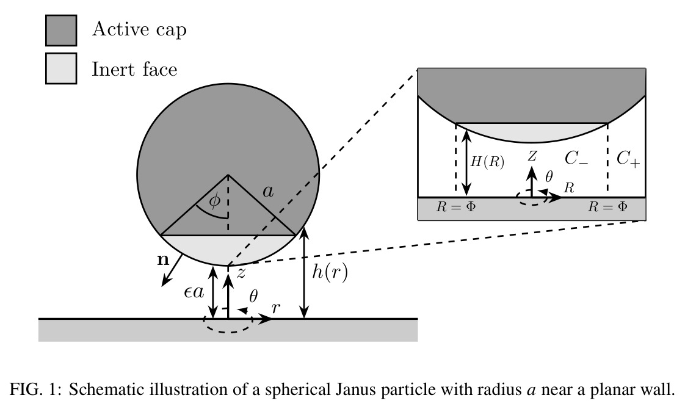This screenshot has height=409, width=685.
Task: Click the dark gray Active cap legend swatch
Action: [61, 30]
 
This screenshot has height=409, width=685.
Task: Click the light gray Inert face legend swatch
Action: [61, 68]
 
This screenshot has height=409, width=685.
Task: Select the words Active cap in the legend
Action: [139, 29]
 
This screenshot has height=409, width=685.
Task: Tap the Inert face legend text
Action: [134, 69]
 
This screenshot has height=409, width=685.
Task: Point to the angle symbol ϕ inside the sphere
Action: [214, 201]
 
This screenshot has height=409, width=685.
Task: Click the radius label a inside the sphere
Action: [268, 191]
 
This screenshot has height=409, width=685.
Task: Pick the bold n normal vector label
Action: [163, 260]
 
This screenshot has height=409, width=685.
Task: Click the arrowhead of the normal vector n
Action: [165, 282]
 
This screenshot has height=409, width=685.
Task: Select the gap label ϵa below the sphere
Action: [194, 292]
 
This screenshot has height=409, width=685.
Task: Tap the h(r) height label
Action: [330, 273]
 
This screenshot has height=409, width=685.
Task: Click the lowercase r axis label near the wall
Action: [275, 308]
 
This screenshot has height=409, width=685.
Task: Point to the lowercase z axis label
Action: [241, 273]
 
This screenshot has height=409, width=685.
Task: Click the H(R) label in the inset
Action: [487, 162]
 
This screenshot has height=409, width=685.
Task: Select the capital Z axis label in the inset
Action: [532, 156]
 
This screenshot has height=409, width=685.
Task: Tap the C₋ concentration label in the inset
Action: [576, 159]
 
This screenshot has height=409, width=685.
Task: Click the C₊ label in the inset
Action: [628, 159]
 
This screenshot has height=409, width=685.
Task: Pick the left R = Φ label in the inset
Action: [455, 207]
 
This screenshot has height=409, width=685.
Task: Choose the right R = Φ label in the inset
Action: [607, 207]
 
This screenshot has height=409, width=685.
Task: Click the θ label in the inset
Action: [549, 176]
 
